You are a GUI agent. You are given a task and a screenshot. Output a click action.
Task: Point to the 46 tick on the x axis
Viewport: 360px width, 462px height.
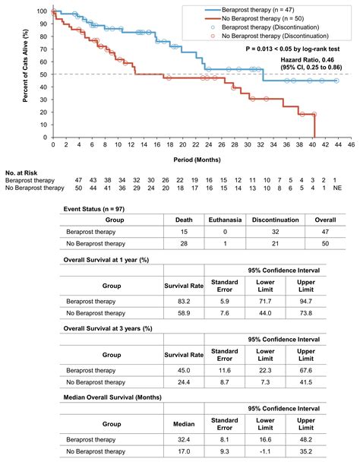point(349,144)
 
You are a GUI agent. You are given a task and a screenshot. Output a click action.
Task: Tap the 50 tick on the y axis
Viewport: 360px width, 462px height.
point(44,74)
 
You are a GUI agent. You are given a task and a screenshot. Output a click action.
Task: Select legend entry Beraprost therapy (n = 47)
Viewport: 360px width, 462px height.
point(259,7)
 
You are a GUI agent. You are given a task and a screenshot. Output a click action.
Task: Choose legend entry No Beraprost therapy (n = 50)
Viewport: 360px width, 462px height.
point(263,17)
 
